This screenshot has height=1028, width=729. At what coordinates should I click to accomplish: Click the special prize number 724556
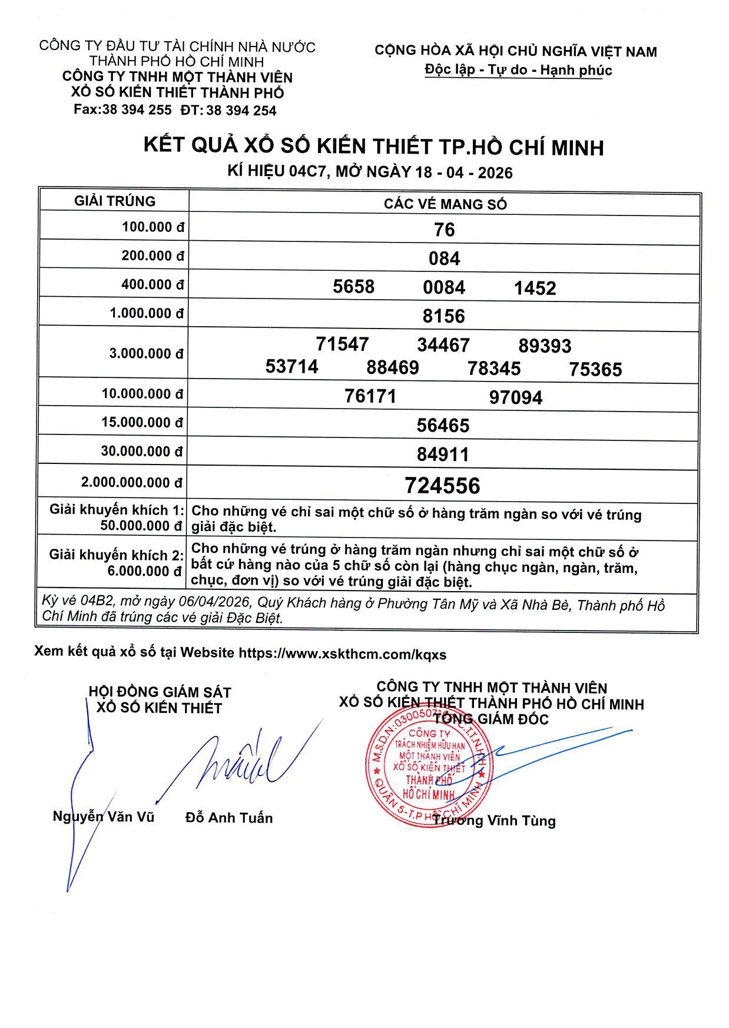click(442, 486)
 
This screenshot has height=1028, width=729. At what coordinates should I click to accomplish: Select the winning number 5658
click(353, 287)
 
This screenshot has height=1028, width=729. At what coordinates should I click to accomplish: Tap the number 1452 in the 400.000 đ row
click(535, 288)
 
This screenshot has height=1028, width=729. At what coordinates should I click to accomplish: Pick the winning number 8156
click(444, 316)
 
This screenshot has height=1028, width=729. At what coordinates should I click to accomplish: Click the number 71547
click(342, 344)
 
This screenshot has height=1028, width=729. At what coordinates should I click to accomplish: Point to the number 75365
click(595, 369)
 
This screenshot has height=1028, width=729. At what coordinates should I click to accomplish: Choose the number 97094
click(516, 397)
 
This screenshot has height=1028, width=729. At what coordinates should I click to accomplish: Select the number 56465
click(443, 426)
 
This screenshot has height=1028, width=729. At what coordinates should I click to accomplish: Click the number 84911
click(443, 455)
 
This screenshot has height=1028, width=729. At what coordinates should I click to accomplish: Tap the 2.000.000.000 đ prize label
click(132, 483)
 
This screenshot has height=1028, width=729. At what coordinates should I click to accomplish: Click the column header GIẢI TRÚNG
click(115, 201)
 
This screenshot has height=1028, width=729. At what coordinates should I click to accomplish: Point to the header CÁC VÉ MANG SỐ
click(445, 204)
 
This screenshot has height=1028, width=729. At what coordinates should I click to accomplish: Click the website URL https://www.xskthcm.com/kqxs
click(342, 654)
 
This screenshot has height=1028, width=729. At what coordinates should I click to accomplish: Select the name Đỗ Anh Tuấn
click(229, 818)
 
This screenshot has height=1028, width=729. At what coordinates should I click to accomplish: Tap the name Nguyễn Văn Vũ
click(104, 817)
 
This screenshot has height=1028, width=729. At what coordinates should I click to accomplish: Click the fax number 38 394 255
click(137, 110)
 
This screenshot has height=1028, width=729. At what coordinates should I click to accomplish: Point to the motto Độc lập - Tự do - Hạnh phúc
click(518, 70)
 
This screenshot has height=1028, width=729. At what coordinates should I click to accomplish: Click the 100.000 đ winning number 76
click(444, 230)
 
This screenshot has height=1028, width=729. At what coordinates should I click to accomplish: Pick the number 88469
click(393, 368)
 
